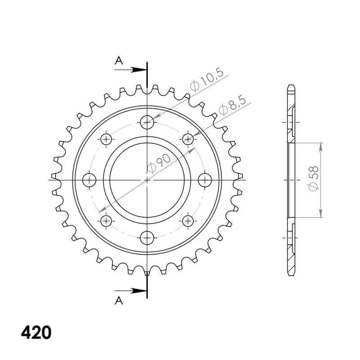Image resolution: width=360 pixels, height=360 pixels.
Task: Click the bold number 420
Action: [x=36, y=333]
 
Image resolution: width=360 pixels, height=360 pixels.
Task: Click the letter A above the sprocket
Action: [x=118, y=61]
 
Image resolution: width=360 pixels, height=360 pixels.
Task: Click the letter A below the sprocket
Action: [x=118, y=300]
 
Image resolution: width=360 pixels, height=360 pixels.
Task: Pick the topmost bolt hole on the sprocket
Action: [x=147, y=121]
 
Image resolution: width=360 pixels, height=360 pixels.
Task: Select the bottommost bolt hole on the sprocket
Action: [x=147, y=238]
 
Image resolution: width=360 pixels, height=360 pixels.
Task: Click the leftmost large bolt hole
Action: [x=90, y=180]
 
